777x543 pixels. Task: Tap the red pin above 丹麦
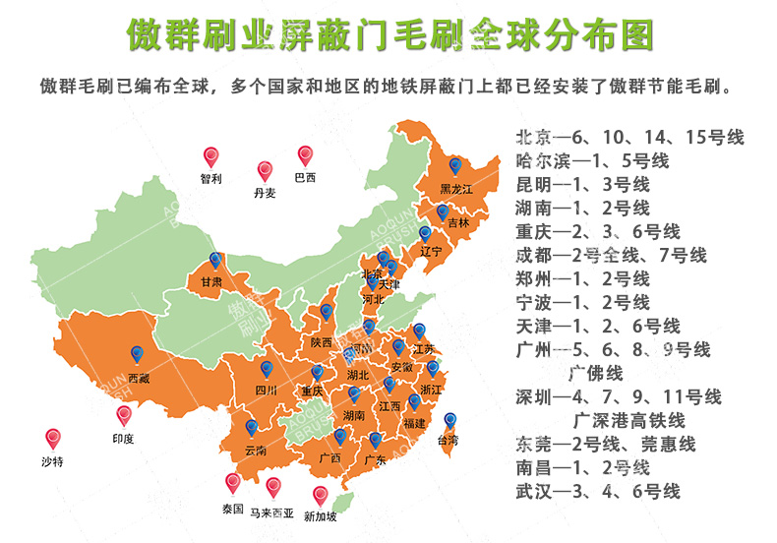(x=265, y=171)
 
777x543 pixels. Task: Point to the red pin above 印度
(x=124, y=417)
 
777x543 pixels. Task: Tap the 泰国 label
(x=232, y=510)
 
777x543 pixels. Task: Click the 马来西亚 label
(x=271, y=513)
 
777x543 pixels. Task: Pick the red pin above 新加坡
(x=319, y=495)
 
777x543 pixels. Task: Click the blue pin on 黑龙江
(x=454, y=167)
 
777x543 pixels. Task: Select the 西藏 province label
(x=140, y=377)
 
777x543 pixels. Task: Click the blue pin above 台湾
(x=449, y=420)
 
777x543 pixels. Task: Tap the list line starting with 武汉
(x=598, y=491)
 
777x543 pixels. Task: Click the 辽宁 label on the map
(x=431, y=252)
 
